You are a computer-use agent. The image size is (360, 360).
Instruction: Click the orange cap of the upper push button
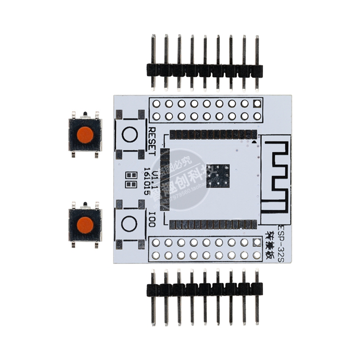(x=85, y=135)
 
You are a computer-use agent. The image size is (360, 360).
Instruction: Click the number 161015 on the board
(x=147, y=180)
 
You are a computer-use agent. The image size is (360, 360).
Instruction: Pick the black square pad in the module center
(x=218, y=176)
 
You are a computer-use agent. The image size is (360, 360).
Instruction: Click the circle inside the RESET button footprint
(x=129, y=135)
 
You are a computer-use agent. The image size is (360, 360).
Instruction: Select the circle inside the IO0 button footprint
(x=129, y=223)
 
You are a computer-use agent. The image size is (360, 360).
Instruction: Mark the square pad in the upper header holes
(x=257, y=103)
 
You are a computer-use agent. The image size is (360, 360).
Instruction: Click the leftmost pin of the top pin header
(x=153, y=62)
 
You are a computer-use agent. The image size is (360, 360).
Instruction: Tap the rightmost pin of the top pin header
(x=257, y=62)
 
